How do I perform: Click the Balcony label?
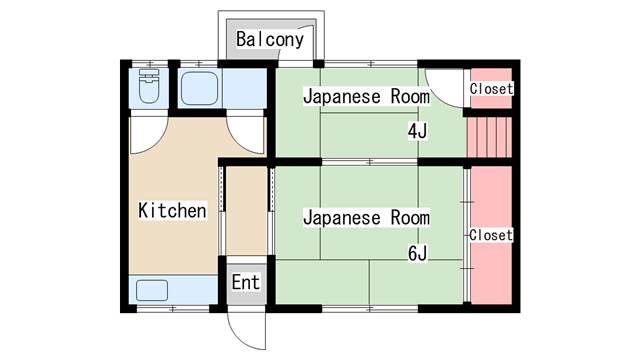pyautogui.click(x=270, y=40)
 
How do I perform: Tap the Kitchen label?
pyautogui.click(x=172, y=211)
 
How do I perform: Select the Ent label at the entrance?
pyautogui.click(x=246, y=282)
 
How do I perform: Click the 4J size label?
pyautogui.click(x=417, y=131)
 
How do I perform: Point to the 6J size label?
pyautogui.click(x=417, y=254)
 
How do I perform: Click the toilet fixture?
pyautogui.click(x=149, y=86)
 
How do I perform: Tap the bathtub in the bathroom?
pyautogui.click(x=199, y=89)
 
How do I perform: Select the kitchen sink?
pyautogui.click(x=152, y=290)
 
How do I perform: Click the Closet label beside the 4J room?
pyautogui.click(x=491, y=89)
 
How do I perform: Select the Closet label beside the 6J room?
pyautogui.click(x=491, y=235)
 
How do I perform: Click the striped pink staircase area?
pyautogui.click(x=489, y=137)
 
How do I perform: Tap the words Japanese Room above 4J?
pyautogui.click(x=366, y=97)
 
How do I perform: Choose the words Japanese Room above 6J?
pyautogui.click(x=366, y=218)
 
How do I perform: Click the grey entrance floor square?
pyautogui.click(x=247, y=284)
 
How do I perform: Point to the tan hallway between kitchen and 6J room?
pyautogui.click(x=247, y=211)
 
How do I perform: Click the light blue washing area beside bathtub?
pyautogui.click(x=244, y=89)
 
